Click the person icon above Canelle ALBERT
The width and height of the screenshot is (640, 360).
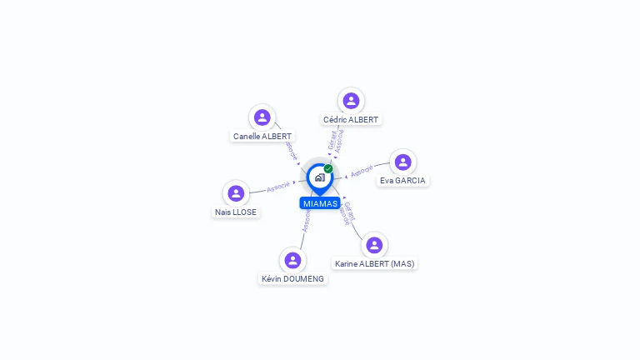262,117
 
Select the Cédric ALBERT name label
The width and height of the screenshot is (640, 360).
351,119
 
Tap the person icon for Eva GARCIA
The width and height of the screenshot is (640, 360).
402,162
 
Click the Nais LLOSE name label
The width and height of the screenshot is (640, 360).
236,212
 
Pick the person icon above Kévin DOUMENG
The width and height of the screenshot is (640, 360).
292,261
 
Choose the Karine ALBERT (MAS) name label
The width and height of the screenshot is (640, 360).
374,263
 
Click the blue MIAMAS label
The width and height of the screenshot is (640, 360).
320,203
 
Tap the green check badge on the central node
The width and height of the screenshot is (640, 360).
328,169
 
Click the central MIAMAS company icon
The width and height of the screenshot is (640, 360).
319,177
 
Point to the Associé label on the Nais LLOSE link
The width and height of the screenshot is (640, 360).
278,187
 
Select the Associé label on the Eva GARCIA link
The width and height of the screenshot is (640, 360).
362,172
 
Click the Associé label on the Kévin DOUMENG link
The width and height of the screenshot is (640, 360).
307,221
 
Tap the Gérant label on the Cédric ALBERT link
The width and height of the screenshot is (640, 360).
332,139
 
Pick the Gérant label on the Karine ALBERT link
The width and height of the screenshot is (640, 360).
350,211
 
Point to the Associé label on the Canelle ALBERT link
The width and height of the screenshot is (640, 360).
291,150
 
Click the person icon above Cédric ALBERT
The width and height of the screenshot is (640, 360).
351,101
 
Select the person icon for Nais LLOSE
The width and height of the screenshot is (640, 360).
236,193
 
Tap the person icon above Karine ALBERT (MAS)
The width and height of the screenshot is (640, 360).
374,245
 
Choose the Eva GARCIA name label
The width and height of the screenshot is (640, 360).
402,180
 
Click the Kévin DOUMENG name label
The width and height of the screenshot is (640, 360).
292,278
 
